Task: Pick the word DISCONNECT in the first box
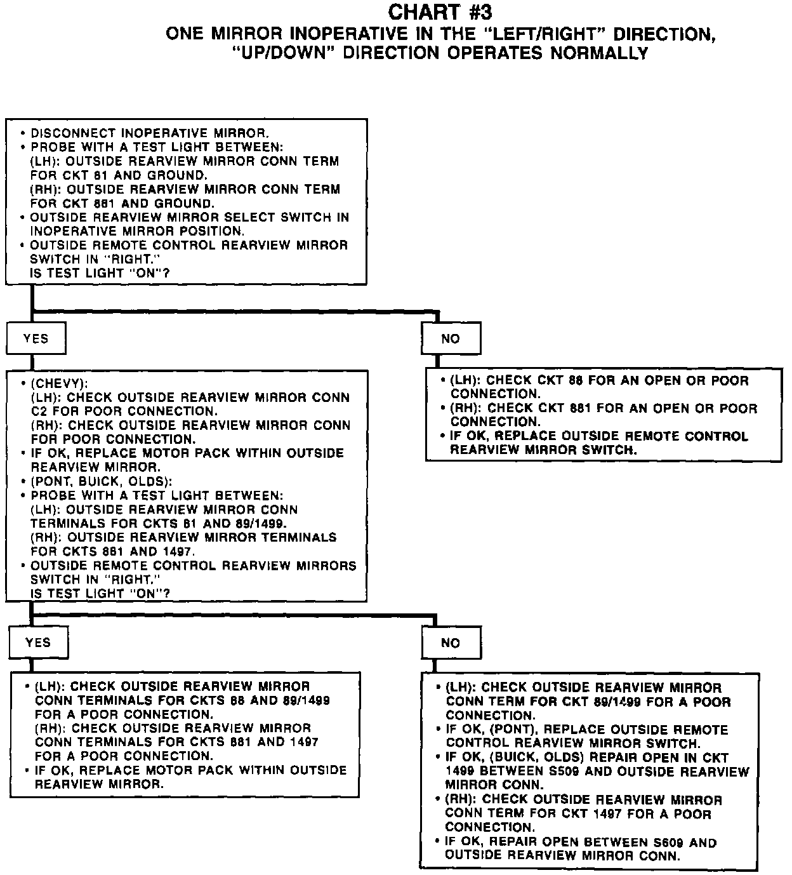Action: pos(73,133)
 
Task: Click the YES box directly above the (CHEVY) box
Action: pos(36,339)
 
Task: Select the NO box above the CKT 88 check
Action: pos(451,339)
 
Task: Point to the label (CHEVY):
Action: pos(59,384)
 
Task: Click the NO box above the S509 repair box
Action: pos(451,643)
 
